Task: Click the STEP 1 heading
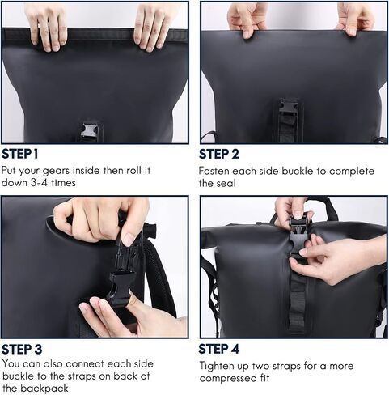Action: coord(20,154)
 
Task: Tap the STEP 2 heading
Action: coord(219,154)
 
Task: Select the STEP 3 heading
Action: coord(22,350)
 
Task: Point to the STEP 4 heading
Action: coord(219,349)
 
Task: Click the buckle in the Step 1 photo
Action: coord(90,131)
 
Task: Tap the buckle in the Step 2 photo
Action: coord(289,107)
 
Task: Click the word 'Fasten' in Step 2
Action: coord(214,171)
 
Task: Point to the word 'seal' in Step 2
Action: coord(226,183)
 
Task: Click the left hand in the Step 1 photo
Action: coord(46,27)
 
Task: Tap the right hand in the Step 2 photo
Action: coord(354,19)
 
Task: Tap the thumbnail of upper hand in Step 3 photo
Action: coord(129,239)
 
